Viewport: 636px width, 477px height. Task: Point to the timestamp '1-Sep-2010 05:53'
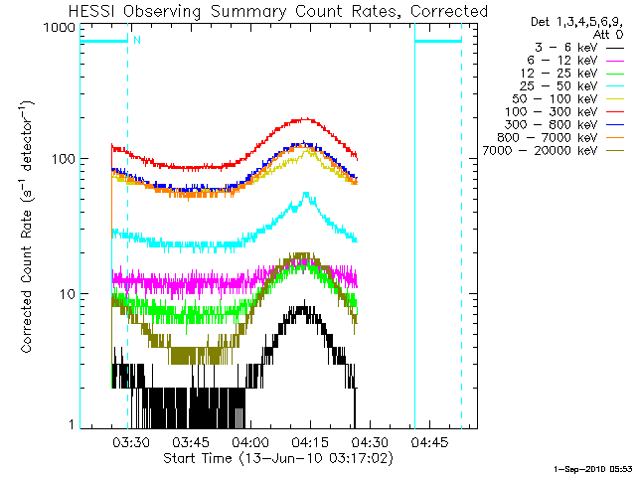click(592, 467)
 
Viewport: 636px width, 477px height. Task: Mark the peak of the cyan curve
click(307, 193)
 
